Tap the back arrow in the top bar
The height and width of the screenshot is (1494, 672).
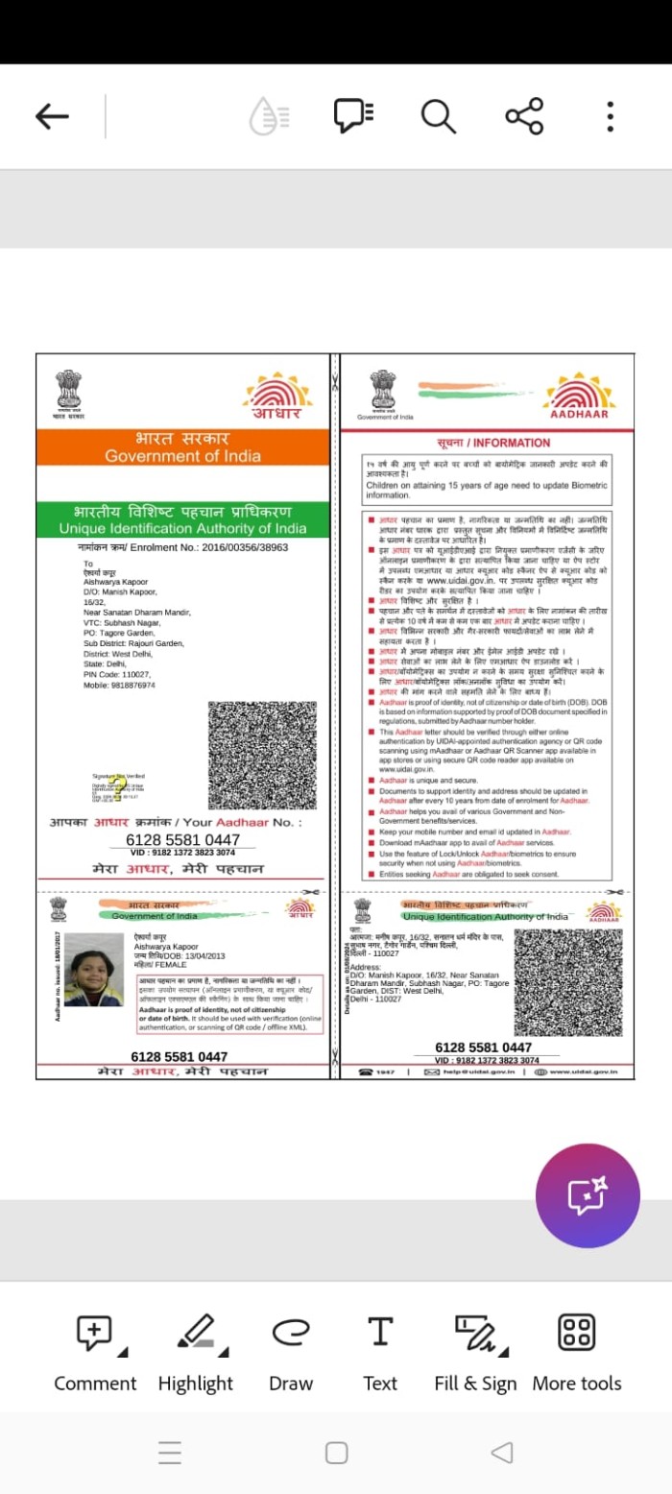pos(52,117)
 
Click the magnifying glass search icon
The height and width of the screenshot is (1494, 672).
pos(438,116)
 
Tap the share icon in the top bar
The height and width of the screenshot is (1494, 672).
pos(524,116)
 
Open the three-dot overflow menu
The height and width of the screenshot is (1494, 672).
pos(610,116)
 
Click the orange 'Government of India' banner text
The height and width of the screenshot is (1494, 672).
pos(182,456)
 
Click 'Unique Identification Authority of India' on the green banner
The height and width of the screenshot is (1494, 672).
pos(182,529)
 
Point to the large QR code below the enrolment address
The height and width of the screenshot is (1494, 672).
pos(262,755)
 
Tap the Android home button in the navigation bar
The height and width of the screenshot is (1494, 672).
pos(336,1452)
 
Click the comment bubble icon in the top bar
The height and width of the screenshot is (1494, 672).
pos(352,116)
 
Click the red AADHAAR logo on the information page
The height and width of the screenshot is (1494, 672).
pos(579,397)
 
